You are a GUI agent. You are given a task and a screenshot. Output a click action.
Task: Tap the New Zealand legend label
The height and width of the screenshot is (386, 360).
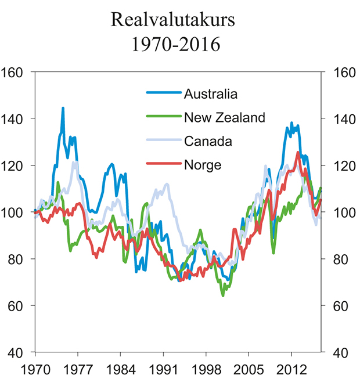pos(224,118)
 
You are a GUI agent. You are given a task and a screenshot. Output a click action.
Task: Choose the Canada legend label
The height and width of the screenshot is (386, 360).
pos(208,141)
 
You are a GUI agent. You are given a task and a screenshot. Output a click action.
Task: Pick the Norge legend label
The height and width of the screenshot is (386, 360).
pos(203,165)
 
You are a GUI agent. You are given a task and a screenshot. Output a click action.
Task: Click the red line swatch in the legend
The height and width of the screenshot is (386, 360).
pos(163,165)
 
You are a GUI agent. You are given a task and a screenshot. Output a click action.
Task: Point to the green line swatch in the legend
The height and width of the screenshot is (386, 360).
pos(163,118)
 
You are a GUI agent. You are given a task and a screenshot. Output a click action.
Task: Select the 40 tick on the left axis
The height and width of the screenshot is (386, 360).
pos(18,353)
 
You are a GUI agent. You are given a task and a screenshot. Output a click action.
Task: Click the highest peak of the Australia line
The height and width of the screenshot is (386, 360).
pos(63,108)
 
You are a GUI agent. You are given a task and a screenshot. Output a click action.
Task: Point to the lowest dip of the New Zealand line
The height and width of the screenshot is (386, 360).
pos(222,295)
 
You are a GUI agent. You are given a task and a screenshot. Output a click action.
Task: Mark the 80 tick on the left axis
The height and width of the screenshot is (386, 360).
pos(18,259)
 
